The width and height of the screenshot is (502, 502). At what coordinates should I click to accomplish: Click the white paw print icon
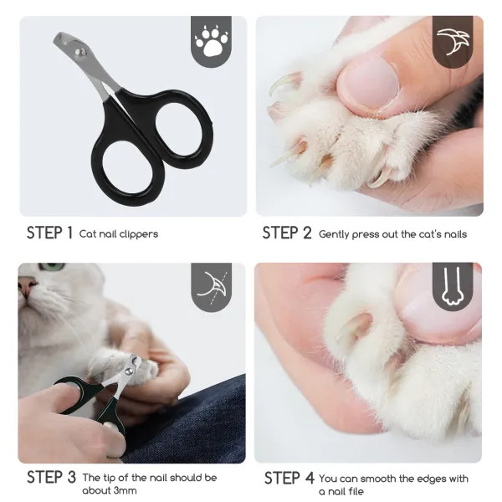[x=211, y=40]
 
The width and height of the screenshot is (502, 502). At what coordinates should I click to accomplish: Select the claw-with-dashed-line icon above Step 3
[x=213, y=287]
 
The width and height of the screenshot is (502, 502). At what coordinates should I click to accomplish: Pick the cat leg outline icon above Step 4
[x=453, y=286]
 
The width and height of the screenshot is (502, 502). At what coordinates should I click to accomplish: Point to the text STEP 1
[x=49, y=233]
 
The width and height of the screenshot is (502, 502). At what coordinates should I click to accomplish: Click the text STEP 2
[x=286, y=233]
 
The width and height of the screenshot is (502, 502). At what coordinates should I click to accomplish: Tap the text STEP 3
[x=51, y=477]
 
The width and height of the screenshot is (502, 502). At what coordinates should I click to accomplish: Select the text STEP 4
[x=289, y=478]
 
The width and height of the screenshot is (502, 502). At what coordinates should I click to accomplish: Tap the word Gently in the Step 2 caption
[x=334, y=234]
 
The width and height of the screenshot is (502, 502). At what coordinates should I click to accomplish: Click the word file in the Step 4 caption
[x=356, y=491]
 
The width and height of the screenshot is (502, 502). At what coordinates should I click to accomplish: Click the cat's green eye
[x=52, y=267]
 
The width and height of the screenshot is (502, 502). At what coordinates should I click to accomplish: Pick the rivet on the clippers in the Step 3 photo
[x=129, y=371]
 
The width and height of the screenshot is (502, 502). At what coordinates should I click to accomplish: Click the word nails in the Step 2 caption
[x=456, y=234]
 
